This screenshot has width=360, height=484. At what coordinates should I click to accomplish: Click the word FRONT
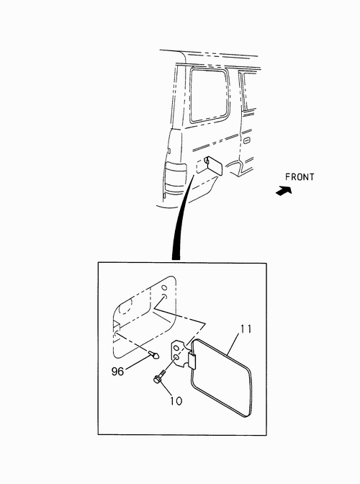(x=300, y=177)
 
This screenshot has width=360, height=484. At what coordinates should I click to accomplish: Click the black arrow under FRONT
(x=284, y=191)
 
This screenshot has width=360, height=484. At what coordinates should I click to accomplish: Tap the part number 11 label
(x=246, y=328)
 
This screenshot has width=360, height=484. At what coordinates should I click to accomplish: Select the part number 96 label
(x=117, y=372)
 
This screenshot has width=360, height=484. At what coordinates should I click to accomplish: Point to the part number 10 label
(x=176, y=401)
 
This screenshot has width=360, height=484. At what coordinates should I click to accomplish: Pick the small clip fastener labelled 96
(x=154, y=354)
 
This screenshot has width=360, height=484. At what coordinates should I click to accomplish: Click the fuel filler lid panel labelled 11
(x=221, y=378)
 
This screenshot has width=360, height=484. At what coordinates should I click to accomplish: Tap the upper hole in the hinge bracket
(x=176, y=348)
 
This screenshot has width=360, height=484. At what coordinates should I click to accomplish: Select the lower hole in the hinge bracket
(x=176, y=358)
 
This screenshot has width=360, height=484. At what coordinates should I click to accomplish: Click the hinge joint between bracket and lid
(x=192, y=361)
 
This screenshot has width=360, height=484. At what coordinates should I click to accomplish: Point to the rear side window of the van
(x=209, y=95)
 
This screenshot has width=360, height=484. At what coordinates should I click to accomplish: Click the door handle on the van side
(x=247, y=140)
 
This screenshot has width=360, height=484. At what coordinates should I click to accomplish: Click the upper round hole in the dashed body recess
(x=164, y=287)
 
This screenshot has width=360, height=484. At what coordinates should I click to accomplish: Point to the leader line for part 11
(x=235, y=344)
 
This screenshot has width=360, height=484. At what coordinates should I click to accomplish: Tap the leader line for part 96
(x=138, y=362)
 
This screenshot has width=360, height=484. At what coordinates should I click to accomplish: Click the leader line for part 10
(x=168, y=389)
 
